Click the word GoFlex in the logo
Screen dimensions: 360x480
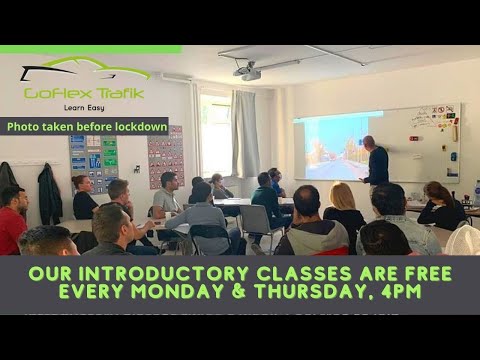pos(58,93)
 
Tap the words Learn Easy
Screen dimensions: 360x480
pos(85,107)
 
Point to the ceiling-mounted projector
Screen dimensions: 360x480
pos(248,71)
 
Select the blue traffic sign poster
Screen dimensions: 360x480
pos(94,160)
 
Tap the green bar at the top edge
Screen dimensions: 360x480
pos(90,48)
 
